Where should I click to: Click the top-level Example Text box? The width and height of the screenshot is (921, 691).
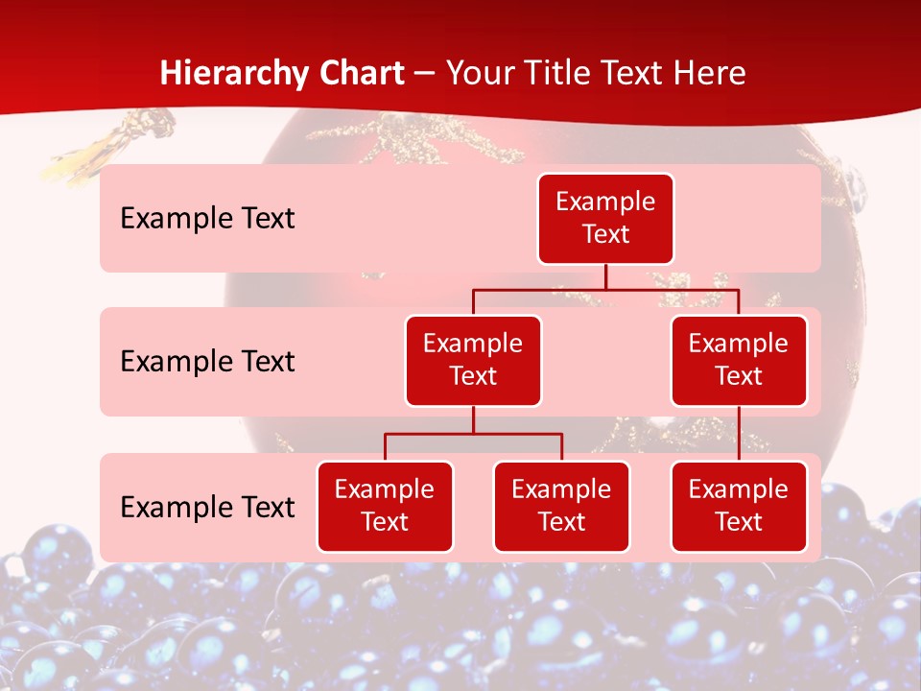pos(605,219)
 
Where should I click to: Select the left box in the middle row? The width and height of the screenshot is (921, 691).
pos(473,361)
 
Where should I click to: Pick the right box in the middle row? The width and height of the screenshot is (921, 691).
pos(739,361)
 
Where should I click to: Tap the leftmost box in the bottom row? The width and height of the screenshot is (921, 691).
pos(385,507)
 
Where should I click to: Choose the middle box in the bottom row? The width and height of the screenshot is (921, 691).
pos(561,507)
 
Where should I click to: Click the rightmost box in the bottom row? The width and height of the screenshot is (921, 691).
pos(739,507)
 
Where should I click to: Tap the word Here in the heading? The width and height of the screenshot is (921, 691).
pos(710,73)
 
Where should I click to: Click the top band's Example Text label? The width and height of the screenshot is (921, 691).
pos(207,219)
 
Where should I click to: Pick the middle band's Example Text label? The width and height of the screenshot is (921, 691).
pos(207,362)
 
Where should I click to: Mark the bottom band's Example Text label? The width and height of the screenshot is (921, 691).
pos(207,508)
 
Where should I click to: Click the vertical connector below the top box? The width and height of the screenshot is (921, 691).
pos(605,276)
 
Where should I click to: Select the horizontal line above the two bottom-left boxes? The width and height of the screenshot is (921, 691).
pos(473,434)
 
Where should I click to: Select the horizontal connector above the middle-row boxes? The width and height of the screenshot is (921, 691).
pos(605,289)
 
